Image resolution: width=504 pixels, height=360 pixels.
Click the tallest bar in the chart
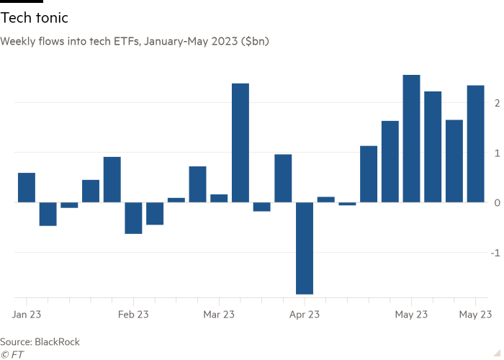click(411, 138)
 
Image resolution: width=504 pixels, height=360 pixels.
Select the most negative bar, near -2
click(304, 248)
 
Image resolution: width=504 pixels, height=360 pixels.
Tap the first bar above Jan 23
click(26, 187)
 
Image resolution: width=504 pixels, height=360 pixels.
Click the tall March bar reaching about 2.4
click(240, 143)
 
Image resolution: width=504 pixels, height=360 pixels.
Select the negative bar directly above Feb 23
click(133, 218)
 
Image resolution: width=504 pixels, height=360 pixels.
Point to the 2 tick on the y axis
click(494, 103)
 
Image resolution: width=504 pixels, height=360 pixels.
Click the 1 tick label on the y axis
click(494, 153)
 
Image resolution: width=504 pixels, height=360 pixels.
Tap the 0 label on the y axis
click(494, 203)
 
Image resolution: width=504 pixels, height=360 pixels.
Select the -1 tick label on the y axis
click(492, 253)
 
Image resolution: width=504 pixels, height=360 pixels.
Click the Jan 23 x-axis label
click(26, 315)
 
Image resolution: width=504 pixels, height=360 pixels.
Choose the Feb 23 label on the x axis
click(132, 315)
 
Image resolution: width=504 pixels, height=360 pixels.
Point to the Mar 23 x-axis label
click(219, 315)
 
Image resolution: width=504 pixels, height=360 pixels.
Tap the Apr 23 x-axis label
click(305, 315)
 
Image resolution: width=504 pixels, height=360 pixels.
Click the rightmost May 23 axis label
click(475, 315)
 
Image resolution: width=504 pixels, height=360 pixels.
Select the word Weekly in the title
click(16, 42)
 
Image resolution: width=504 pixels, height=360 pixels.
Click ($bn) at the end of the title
click(256, 42)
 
